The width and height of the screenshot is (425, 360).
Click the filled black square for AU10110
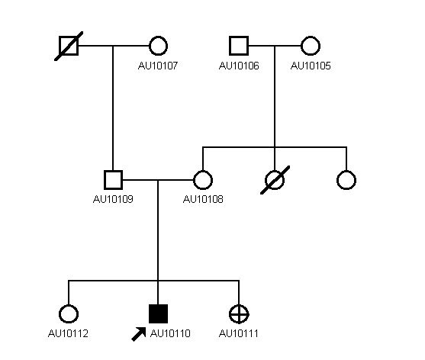click(158, 313)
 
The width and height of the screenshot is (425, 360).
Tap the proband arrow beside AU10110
click(139, 334)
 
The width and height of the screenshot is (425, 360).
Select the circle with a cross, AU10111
click(239, 314)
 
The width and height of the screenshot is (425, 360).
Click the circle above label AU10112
click(69, 314)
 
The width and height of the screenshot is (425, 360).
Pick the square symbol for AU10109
click(113, 180)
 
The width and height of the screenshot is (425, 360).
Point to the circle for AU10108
click(203, 180)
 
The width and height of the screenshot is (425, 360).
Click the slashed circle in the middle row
click(275, 180)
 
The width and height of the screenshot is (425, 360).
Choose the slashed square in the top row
click(69, 46)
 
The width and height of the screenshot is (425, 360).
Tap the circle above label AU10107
click(158, 46)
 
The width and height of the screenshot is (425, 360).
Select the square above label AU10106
click(239, 46)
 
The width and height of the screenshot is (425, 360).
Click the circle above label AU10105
click(311, 46)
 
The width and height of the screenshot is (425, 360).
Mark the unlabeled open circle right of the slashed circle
click(346, 180)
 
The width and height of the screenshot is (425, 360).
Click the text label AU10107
click(158, 66)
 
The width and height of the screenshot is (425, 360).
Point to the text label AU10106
click(239, 66)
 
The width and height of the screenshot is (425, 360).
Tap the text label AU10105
click(311, 66)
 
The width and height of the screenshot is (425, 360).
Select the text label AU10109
click(113, 199)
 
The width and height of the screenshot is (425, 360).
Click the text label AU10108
click(203, 199)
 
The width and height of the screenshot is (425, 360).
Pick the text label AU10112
click(68, 333)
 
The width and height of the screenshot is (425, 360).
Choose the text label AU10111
click(239, 333)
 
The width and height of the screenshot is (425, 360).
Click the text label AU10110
click(170, 333)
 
